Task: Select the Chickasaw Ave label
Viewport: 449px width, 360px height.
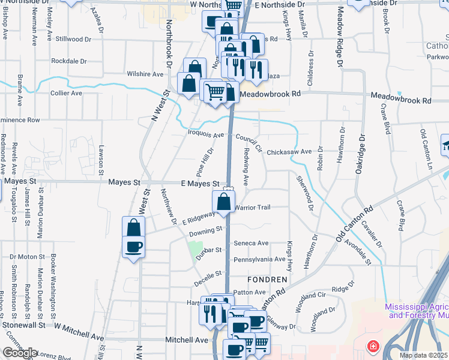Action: click(x=289, y=152)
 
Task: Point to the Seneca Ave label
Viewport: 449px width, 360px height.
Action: click(x=251, y=243)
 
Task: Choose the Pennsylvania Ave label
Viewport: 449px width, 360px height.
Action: click(x=259, y=259)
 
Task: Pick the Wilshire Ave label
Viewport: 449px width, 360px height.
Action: click(x=145, y=74)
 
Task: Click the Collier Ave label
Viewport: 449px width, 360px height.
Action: click(x=66, y=93)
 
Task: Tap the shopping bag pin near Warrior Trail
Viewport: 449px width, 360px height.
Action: click(x=223, y=202)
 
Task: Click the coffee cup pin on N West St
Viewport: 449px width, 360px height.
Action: click(x=133, y=246)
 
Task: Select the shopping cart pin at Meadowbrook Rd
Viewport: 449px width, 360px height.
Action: click(x=214, y=92)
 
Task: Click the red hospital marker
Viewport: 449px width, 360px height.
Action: click(x=373, y=347)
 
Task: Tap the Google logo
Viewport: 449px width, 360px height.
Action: click(x=20, y=353)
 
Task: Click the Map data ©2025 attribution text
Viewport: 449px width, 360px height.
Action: click(x=423, y=355)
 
